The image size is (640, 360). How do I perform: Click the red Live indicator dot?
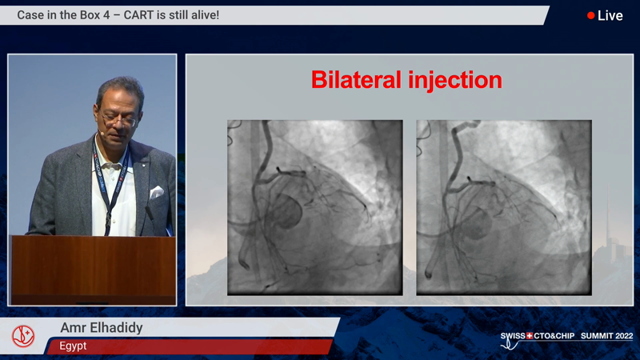click(x=590, y=15)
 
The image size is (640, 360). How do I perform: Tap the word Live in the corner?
click(x=610, y=15)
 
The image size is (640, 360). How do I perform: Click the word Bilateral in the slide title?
click(x=356, y=79)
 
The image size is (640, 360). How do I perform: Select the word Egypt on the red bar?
click(x=73, y=346)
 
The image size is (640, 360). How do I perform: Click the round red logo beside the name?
click(x=23, y=336)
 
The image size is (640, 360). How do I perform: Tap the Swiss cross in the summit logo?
click(x=530, y=335)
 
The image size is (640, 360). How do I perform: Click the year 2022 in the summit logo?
click(x=624, y=335)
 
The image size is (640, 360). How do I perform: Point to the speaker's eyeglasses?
click(x=118, y=120)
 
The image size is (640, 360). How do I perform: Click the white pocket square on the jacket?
click(x=156, y=192)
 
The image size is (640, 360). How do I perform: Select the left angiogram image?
click(x=314, y=207)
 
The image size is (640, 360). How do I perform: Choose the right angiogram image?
click(x=504, y=207)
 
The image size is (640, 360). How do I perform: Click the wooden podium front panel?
click(x=94, y=270)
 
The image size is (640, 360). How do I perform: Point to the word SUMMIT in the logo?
click(x=596, y=335)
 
